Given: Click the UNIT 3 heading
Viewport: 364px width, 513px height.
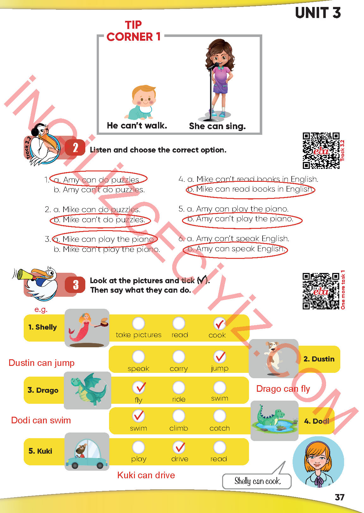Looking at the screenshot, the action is pyautogui.click(x=318, y=13).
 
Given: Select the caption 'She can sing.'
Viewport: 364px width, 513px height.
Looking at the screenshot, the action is pyautogui.click(x=217, y=126).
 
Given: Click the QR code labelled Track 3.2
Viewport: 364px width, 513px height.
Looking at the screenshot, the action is pyautogui.click(x=321, y=151).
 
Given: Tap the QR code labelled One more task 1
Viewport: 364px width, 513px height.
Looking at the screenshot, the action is pyautogui.click(x=321, y=291).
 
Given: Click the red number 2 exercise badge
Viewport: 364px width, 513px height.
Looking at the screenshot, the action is pyautogui.click(x=75, y=147).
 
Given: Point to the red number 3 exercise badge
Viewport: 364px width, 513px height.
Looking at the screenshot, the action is pyautogui.click(x=75, y=285).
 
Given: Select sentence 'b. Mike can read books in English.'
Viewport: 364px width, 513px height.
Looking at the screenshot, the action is pyautogui.click(x=250, y=189).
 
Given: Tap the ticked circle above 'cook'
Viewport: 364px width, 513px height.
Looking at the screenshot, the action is pyautogui.click(x=220, y=323).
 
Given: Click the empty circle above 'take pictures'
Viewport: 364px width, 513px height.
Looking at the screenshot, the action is pyautogui.click(x=138, y=323).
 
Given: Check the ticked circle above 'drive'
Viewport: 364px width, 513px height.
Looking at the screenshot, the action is pyautogui.click(x=179, y=447).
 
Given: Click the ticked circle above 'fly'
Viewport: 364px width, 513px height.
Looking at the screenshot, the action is pyautogui.click(x=139, y=387).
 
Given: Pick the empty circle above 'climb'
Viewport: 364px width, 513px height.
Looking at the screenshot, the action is pyautogui.click(x=179, y=416).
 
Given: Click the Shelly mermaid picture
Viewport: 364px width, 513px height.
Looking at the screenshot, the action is pyautogui.click(x=87, y=328).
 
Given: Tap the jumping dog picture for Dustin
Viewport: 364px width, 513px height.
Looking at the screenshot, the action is pyautogui.click(x=273, y=359).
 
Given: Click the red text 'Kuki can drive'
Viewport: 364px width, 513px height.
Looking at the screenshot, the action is pyautogui.click(x=146, y=475).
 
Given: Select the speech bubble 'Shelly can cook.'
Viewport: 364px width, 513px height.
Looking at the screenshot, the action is pyautogui.click(x=257, y=481).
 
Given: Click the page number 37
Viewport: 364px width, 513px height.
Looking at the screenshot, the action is pyautogui.click(x=339, y=497).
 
